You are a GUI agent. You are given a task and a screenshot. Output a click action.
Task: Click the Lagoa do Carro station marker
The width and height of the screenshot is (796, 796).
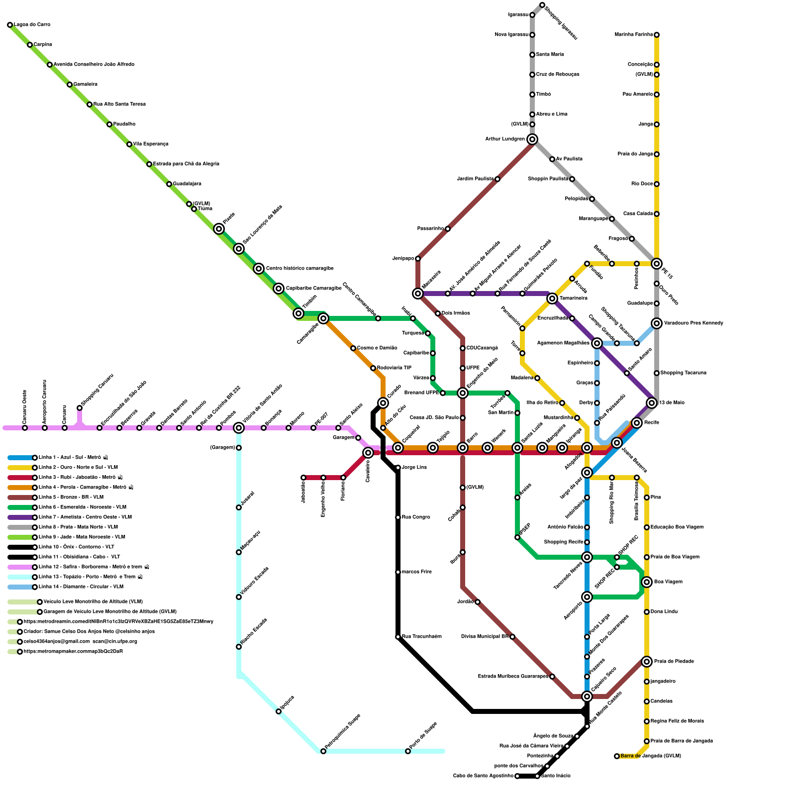[10, 25]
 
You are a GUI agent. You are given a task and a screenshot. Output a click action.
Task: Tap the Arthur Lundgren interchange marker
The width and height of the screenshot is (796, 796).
[532, 139]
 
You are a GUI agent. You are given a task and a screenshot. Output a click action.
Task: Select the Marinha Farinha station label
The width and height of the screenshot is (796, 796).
[633, 35]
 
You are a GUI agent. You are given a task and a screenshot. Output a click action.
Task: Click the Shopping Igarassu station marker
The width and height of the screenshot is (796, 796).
[542, 5]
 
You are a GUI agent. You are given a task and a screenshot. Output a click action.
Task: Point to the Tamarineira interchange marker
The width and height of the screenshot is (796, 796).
[552, 298]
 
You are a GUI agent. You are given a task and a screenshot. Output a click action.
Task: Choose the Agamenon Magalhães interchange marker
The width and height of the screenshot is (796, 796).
[597, 343]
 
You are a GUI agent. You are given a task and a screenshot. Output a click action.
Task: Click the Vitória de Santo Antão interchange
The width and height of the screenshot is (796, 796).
[239, 428]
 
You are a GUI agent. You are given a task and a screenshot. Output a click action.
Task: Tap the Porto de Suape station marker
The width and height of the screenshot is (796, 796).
[408, 751]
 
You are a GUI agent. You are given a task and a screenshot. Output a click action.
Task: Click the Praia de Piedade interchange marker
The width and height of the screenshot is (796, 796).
[647, 662]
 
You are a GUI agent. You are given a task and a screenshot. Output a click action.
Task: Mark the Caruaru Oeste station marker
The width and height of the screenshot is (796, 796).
[25, 428]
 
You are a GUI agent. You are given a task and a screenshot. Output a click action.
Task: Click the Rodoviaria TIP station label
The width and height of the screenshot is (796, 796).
[394, 368]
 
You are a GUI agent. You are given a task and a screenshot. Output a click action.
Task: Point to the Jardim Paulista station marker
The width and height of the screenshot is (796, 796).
[497, 179]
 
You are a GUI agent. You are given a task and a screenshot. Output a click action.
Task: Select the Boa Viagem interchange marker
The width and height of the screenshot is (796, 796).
[647, 582]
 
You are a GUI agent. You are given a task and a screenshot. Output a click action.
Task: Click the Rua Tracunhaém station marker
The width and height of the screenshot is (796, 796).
[398, 637]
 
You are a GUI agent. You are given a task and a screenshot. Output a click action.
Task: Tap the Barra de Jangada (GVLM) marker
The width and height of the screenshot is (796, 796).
[617, 756]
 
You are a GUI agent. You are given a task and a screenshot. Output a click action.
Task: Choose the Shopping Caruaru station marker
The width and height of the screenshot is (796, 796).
[80, 408]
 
